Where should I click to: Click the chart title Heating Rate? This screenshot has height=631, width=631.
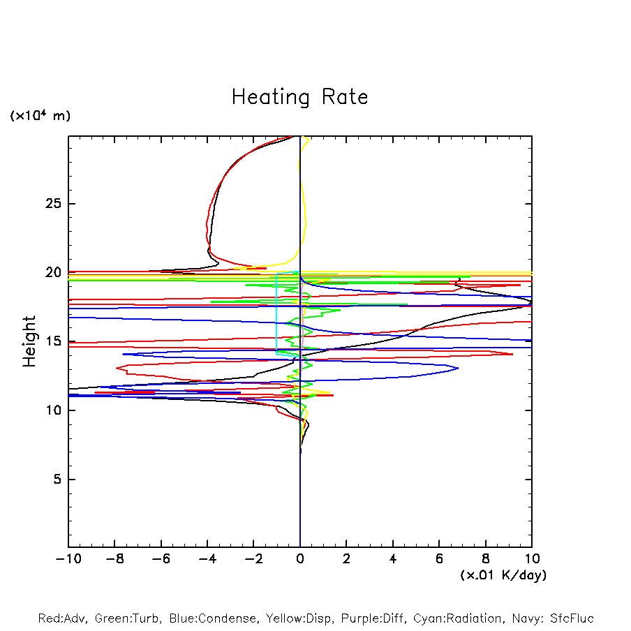click(299, 97)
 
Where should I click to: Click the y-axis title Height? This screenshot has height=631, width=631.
click(29, 341)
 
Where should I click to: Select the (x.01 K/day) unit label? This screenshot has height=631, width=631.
click(503, 575)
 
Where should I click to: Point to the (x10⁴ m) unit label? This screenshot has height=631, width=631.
click(40, 116)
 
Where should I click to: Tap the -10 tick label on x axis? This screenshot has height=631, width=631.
click(68, 559)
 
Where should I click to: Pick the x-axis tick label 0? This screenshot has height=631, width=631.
click(300, 559)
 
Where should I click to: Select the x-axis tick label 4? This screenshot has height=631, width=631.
click(393, 559)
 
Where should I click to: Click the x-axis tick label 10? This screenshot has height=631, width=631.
click(531, 559)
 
